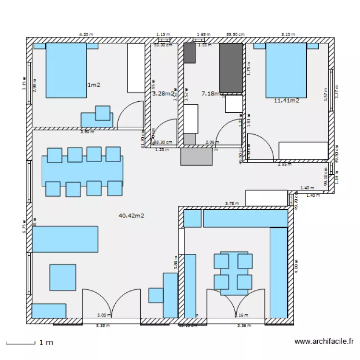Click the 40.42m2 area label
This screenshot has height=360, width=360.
131,216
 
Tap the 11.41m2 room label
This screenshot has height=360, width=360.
287,100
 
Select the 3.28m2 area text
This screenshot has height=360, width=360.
163,94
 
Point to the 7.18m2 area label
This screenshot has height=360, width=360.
211,94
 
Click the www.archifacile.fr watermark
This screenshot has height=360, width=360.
324,342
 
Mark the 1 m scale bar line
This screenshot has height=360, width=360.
20,343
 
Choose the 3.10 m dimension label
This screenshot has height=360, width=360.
288,35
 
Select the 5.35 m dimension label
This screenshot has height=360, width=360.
103,326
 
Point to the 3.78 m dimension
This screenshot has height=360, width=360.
232,204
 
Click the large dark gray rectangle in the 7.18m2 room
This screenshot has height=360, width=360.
231,68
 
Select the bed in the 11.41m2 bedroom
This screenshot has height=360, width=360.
286,70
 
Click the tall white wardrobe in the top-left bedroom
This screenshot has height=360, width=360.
136,68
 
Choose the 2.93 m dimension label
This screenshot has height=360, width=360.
285,164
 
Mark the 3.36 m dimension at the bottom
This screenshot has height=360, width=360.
244,326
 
